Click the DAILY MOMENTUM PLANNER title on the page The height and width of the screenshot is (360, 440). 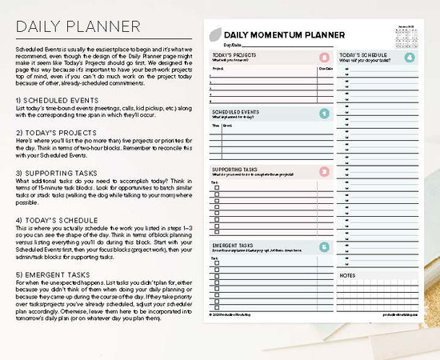click(x=284, y=35)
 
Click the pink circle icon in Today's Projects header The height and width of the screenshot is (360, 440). click(x=322, y=58)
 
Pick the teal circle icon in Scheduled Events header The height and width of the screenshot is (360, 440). click(x=322, y=114)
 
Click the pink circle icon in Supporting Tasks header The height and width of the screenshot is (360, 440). click(x=322, y=172)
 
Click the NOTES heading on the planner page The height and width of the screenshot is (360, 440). click(x=347, y=275)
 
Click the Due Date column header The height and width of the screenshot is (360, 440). click(x=326, y=70)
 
